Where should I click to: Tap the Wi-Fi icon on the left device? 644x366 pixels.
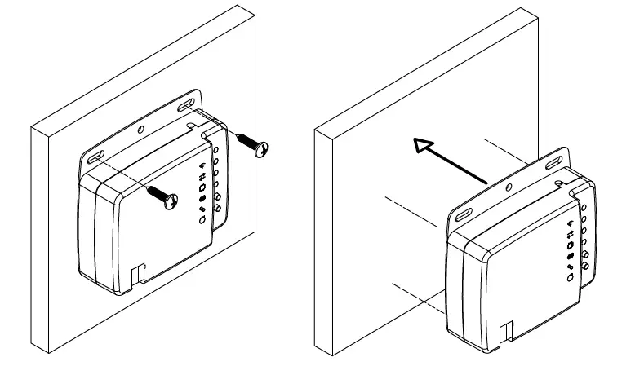click(202, 166)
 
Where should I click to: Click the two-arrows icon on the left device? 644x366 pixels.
click(202, 177)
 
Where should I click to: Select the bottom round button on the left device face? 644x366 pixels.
click(201, 219)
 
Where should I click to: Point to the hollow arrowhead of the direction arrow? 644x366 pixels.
click(423, 147)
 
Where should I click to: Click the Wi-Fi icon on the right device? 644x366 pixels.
click(571, 223)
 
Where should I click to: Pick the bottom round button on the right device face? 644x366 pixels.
click(570, 277)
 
